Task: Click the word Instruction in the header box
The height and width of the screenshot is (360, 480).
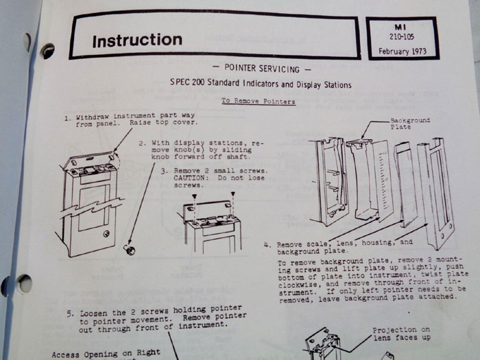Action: pos(137,40)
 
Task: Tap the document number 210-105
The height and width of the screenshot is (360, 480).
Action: pos(402,37)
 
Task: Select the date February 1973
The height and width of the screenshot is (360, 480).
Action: pos(403,51)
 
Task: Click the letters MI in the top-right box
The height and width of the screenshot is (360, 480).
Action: pos(400,27)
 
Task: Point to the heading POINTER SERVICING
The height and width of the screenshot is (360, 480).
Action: pos(262,69)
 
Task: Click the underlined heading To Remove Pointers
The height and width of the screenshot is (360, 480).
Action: pos(259,101)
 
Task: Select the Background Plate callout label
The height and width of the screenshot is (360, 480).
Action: pos(410,123)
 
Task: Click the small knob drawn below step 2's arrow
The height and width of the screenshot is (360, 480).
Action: pos(130,250)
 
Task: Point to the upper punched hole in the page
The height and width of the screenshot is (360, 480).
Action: pos(48,51)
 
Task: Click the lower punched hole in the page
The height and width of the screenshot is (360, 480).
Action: pos(25,283)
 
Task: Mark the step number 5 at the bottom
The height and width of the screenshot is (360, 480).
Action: pos(70,314)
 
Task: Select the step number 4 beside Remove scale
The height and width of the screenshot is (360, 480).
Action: pos(267,245)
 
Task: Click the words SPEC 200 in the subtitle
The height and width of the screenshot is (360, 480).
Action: pos(187,82)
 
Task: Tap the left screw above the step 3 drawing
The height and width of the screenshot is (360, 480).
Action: pos(194,196)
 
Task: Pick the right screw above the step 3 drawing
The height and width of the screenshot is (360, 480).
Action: pos(233,194)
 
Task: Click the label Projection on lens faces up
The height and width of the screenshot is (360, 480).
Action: pos(401,334)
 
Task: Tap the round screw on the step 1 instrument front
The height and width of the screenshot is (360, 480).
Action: pos(106,235)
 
